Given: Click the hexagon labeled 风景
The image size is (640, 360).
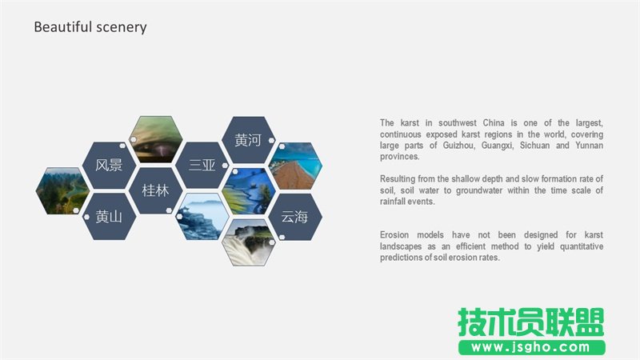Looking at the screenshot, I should (109, 166).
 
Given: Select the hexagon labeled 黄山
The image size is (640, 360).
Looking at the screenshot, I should (109, 216).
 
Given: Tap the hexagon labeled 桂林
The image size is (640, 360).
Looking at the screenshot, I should (155, 191).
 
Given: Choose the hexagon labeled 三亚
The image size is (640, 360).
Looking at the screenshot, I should (202, 166).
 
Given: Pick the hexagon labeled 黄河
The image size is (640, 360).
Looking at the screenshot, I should (248, 141).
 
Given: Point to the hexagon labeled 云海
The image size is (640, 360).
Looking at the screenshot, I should (294, 216).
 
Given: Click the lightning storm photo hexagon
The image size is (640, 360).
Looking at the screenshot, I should (156, 140).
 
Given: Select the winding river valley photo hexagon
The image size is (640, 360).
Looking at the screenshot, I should (62, 191).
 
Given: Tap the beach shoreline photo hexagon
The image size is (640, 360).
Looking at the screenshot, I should (294, 166).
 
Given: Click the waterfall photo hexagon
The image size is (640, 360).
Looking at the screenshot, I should (248, 242).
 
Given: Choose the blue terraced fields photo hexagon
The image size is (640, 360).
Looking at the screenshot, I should (248, 191).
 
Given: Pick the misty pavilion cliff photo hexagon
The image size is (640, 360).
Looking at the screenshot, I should (202, 216).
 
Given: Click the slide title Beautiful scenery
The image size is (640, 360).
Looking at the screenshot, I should (90, 27).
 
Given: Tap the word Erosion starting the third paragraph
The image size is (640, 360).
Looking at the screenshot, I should (398, 235).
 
